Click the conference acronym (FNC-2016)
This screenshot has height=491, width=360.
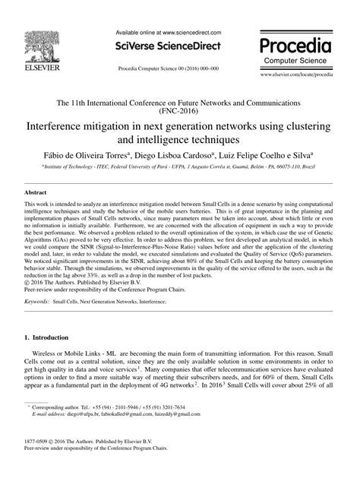(180, 109)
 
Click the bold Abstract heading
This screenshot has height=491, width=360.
(36, 193)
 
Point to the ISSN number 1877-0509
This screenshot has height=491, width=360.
(40, 463)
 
